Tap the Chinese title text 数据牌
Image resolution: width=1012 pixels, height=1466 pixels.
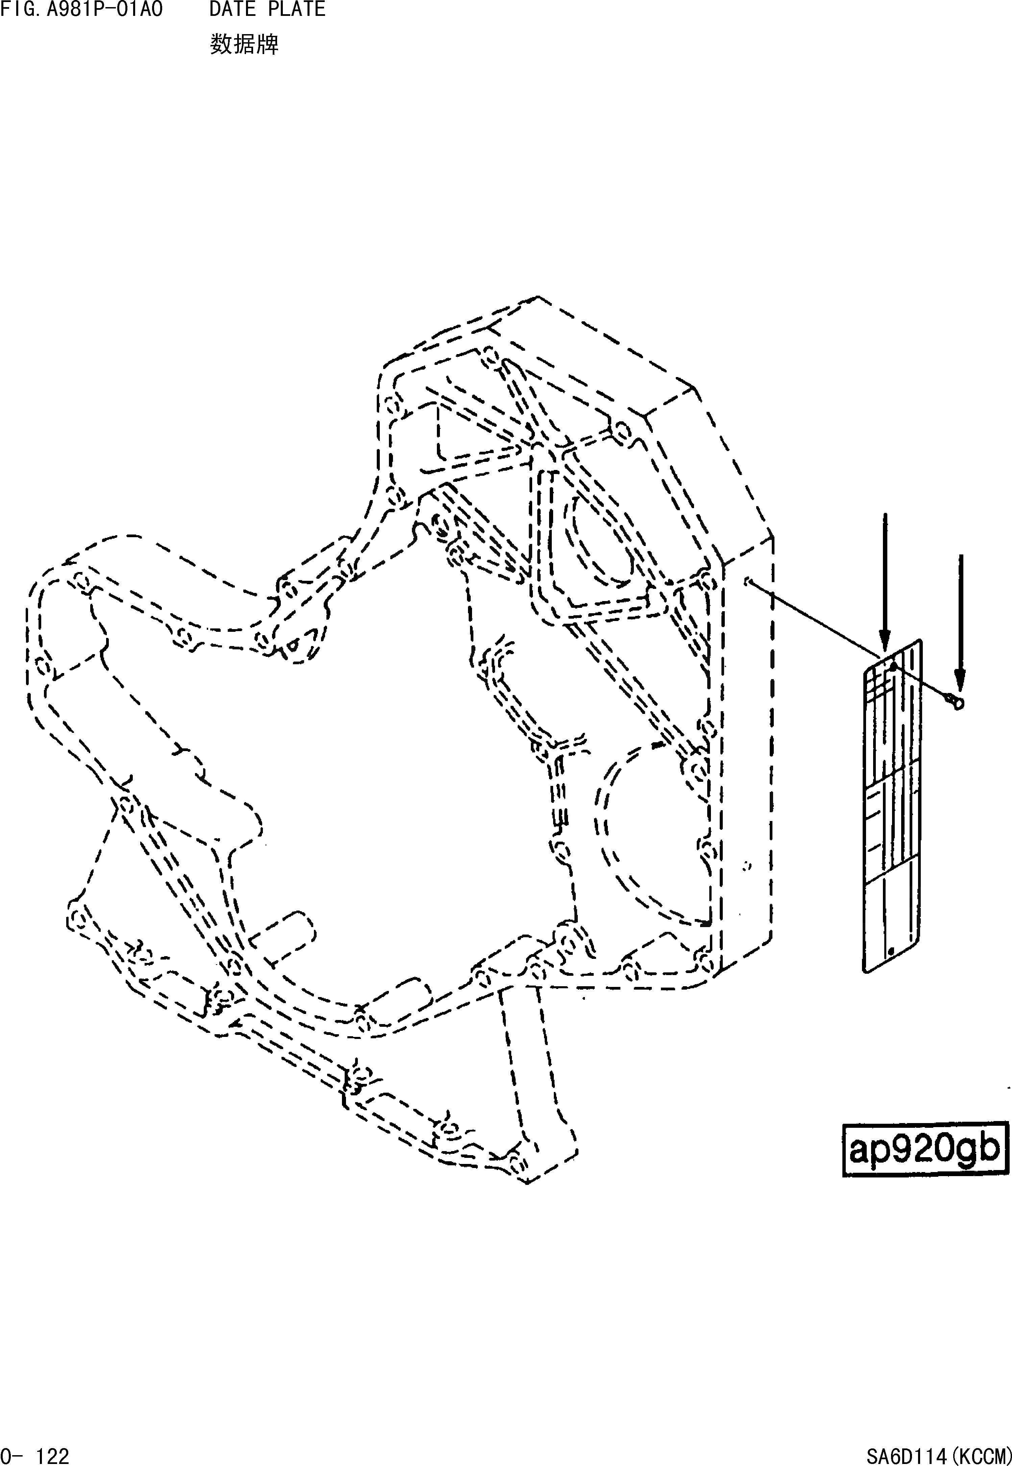pos(244,44)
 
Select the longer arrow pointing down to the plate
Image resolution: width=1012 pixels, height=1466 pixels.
pos(885,583)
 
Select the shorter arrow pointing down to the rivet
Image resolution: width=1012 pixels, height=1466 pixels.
pos(961,621)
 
